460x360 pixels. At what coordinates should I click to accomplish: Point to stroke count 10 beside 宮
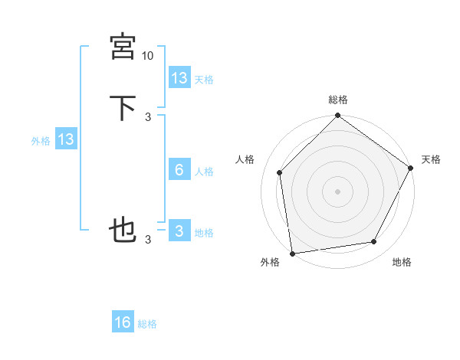pyautogui.click(x=147, y=56)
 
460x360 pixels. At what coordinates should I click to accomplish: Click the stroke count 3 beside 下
pyautogui.click(x=148, y=116)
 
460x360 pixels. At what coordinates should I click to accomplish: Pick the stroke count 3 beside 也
pyautogui.click(x=148, y=240)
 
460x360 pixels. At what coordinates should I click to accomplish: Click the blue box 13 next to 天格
pyautogui.click(x=179, y=77)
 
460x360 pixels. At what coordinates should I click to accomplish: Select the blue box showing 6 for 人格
pyautogui.click(x=179, y=170)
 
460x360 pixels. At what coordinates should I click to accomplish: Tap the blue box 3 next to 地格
pyautogui.click(x=179, y=231)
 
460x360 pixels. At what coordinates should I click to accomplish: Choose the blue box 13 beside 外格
pyautogui.click(x=66, y=139)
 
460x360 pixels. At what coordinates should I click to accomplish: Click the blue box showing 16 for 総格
pyautogui.click(x=123, y=322)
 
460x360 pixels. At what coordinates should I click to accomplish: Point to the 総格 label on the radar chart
pyautogui.click(x=338, y=100)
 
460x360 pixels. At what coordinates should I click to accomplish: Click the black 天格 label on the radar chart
pyautogui.click(x=431, y=159)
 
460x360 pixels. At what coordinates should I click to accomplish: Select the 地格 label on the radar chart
pyautogui.click(x=401, y=262)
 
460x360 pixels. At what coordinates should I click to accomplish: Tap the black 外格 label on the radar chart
pyautogui.click(x=270, y=262)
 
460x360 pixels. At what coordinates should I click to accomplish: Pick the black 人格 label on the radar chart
pyautogui.click(x=245, y=159)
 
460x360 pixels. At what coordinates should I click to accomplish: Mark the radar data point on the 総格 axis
pyautogui.click(x=337, y=116)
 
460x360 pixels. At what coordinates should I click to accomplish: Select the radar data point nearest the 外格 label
pyautogui.click(x=292, y=253)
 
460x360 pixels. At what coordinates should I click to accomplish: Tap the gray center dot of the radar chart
pyautogui.click(x=337, y=191)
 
